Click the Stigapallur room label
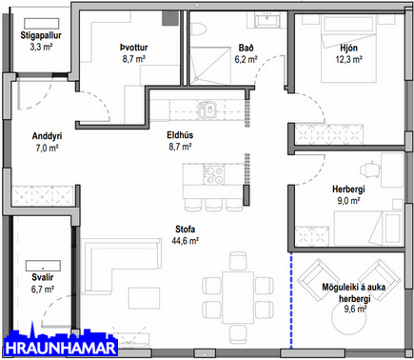click(41, 35)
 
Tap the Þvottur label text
click(134, 48)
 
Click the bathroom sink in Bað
click(268, 20)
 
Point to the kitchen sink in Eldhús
click(207, 110)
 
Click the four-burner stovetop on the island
click(213, 175)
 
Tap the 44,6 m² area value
click(186, 241)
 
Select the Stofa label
click(186, 229)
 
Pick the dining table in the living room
click(238, 297)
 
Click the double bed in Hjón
click(348, 49)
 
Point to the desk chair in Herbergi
click(369, 170)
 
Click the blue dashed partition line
click(291, 300)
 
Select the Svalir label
click(43, 277)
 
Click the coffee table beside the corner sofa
click(144, 298)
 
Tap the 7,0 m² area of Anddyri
click(47, 149)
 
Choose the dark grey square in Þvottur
click(168, 18)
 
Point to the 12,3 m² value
click(349, 60)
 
